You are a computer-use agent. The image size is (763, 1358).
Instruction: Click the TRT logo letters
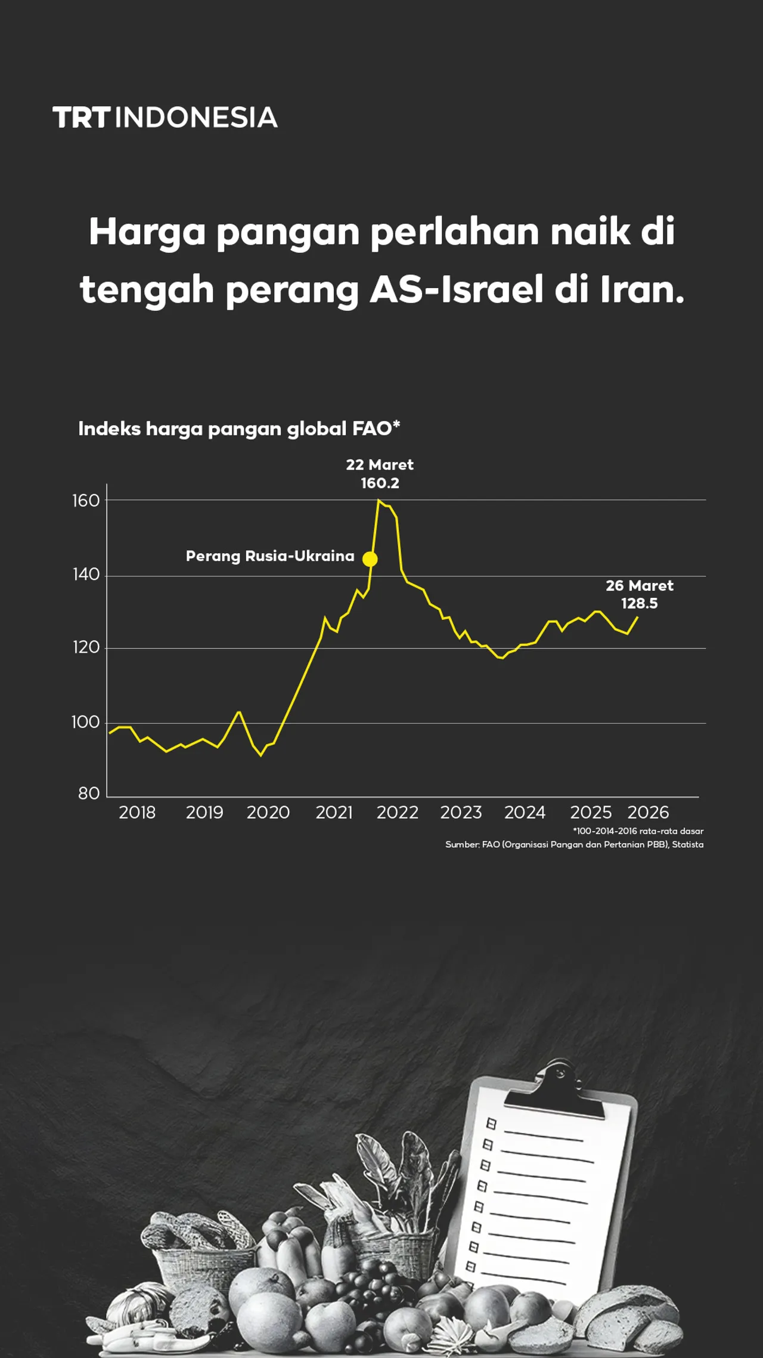81,118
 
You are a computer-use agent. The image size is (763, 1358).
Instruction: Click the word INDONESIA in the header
196,118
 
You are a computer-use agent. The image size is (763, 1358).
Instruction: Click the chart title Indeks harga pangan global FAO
238,428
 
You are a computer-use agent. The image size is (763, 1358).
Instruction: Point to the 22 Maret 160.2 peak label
380,474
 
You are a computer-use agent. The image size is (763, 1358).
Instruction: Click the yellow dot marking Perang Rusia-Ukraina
370,559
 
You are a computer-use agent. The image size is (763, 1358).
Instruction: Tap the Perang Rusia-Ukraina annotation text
270,556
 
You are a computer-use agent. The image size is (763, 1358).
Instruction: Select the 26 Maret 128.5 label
640,594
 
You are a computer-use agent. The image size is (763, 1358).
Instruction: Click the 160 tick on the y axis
86,501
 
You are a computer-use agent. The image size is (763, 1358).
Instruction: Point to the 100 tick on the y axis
85,723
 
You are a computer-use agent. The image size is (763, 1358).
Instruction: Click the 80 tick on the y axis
89,794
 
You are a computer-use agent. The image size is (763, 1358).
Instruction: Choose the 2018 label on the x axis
137,813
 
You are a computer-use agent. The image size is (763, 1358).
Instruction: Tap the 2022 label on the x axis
397,813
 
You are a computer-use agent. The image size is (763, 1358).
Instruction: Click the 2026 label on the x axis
648,813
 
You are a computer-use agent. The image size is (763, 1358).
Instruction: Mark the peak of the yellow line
379,501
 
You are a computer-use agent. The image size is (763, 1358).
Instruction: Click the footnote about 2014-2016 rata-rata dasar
638,831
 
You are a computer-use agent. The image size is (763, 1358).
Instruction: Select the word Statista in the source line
688,845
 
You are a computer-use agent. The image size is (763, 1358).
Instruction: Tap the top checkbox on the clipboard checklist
491,1124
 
